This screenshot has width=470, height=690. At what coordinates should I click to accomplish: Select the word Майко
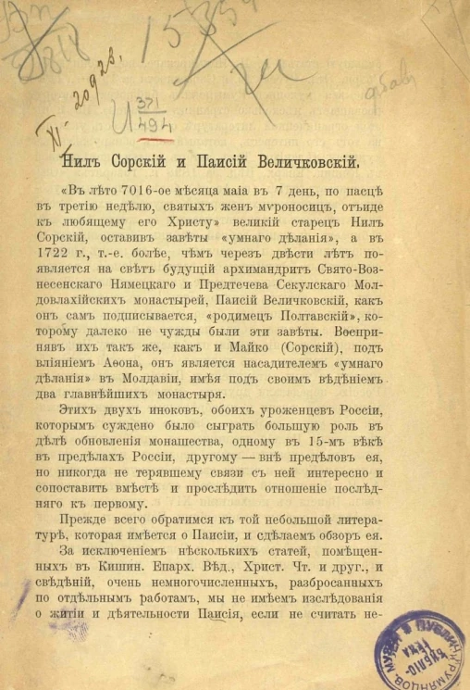pos(207,353)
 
